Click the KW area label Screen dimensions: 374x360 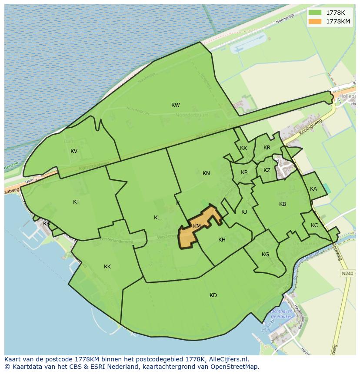point(176,105)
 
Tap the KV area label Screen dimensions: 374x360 point(74,151)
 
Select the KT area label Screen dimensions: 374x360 point(77,202)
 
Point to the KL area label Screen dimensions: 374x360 point(157,218)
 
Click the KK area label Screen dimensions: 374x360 point(107,267)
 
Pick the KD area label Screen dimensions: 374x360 point(213,295)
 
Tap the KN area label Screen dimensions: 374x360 point(206,173)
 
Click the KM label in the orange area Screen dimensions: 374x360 point(197,226)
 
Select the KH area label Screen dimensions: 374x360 point(222,240)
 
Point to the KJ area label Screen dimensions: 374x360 point(244,212)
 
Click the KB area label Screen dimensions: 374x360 point(283,204)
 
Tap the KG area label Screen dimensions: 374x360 point(265,255)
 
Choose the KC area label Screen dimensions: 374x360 point(314,225)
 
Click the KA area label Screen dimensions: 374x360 point(313,189)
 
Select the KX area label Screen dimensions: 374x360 point(243,148)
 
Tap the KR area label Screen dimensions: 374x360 point(267,148)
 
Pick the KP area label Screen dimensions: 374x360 point(244,172)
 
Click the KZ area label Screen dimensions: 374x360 point(267,170)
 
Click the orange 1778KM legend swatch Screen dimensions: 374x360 point(315,21)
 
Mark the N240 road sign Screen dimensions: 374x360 point(347,273)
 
